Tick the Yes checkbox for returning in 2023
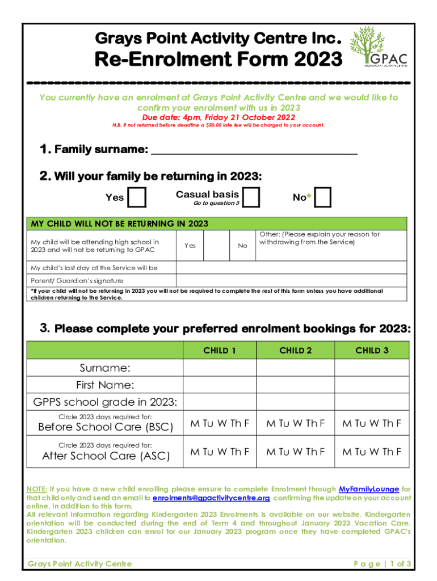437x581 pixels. point(137,197)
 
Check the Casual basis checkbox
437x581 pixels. point(250,197)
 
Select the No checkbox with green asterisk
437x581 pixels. point(323,197)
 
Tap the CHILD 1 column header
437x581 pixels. point(220,351)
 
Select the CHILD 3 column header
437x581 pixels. point(372,351)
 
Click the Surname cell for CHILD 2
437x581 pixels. point(296,368)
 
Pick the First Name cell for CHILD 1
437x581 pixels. point(220,385)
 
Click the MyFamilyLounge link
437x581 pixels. point(368,489)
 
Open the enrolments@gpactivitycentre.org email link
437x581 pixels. point(211,498)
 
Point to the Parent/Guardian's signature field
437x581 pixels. point(292,280)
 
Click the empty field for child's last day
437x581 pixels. point(292,268)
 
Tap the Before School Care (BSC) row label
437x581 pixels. point(105,427)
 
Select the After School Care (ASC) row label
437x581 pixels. point(106,456)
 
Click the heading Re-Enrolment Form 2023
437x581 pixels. point(218,59)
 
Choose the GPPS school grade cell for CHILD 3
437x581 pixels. point(372,402)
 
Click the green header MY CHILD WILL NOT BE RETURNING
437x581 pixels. point(120,224)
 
